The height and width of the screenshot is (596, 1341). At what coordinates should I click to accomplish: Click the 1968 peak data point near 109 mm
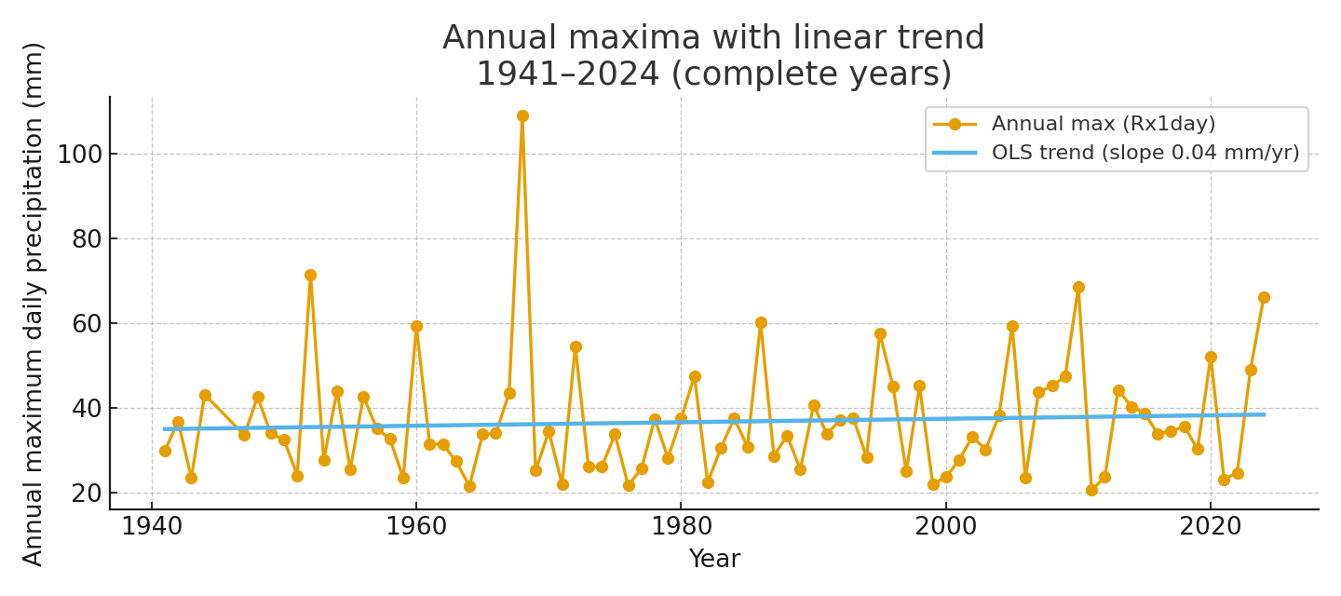[522, 116]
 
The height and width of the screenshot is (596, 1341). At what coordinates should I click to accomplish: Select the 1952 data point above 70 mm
[310, 275]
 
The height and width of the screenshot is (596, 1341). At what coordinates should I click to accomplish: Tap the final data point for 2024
[1264, 297]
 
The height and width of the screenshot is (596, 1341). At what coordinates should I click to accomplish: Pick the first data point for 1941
[165, 451]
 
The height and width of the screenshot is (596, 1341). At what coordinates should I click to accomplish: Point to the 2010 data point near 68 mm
[1078, 287]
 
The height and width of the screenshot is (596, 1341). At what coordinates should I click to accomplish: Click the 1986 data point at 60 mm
[761, 322]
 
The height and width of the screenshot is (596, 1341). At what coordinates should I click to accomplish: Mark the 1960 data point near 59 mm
[416, 326]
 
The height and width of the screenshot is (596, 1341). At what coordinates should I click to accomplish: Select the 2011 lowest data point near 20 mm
[1091, 490]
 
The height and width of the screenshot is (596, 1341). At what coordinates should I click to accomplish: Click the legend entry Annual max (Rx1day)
[1104, 124]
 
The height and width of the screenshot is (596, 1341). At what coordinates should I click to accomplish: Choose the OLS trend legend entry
[1145, 153]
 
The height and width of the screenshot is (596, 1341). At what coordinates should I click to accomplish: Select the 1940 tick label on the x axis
[152, 527]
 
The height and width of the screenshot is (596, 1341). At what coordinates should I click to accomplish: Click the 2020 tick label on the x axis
[1211, 527]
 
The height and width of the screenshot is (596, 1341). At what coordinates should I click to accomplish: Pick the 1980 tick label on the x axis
[681, 527]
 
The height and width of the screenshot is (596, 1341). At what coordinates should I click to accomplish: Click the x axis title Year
[714, 560]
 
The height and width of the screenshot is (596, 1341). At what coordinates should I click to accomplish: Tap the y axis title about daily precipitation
[34, 304]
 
